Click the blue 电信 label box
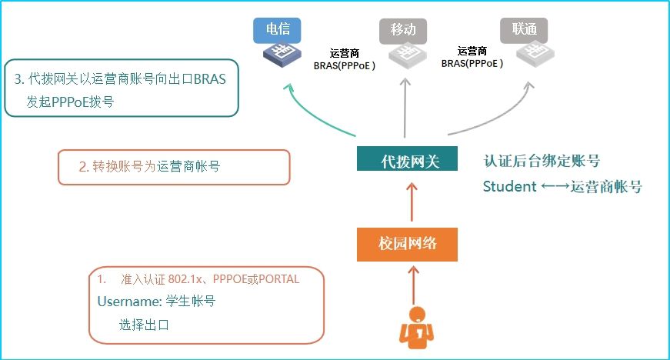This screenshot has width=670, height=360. tap(277, 30)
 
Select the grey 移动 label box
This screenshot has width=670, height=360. tap(403, 30)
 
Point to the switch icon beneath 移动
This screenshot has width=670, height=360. tap(405, 54)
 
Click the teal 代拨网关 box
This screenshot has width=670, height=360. tap(408, 161)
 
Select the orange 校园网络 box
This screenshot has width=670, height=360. tap(408, 244)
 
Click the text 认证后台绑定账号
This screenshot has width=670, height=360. tap(542, 161)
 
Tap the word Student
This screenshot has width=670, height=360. tap(509, 186)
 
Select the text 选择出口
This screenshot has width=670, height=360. tap(144, 325)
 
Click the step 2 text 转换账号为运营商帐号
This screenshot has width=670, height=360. tap(149, 166)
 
